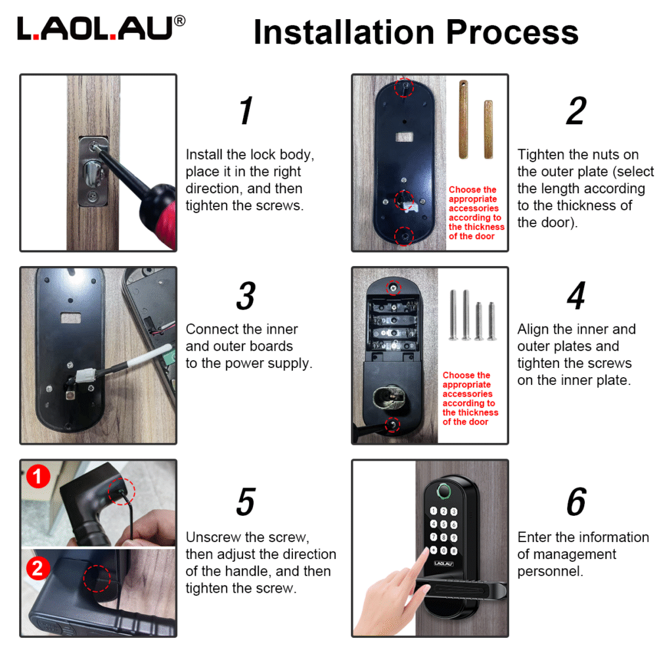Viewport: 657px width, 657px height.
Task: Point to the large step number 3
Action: click(x=245, y=296)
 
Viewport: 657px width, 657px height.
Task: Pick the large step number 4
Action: click(x=576, y=296)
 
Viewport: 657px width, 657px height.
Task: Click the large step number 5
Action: click(x=245, y=502)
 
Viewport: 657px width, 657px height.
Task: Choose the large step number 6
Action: click(x=576, y=502)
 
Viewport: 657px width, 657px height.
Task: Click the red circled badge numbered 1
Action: click(x=37, y=476)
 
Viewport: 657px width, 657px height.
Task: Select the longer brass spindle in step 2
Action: click(x=464, y=119)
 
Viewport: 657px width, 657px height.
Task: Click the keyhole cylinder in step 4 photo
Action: click(x=385, y=396)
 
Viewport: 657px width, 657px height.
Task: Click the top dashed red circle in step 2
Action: click(x=403, y=87)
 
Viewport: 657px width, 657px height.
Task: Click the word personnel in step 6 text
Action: click(x=550, y=571)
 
